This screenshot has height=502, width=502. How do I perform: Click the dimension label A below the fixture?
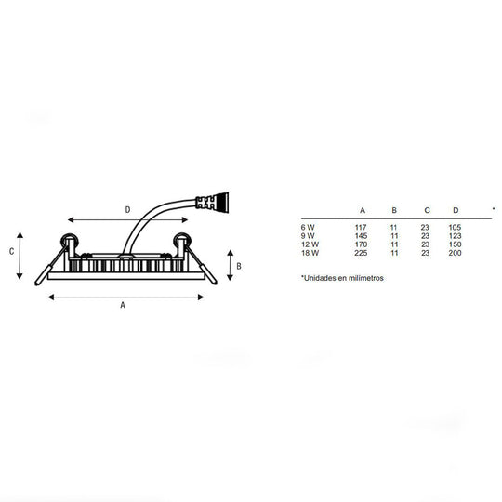point(123,305)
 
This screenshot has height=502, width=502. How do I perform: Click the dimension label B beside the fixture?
point(239,266)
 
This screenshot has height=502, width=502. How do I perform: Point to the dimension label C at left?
point(11,251)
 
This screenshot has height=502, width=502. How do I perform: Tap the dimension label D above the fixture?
point(127,210)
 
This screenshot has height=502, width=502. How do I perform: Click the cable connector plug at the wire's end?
point(212,202)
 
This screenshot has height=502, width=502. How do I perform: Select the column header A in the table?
point(363,210)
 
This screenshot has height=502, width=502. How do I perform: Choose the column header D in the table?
point(456,210)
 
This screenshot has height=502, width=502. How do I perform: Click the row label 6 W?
point(308,228)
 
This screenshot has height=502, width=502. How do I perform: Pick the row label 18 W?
point(310,253)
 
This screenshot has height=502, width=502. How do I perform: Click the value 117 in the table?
point(361,228)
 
